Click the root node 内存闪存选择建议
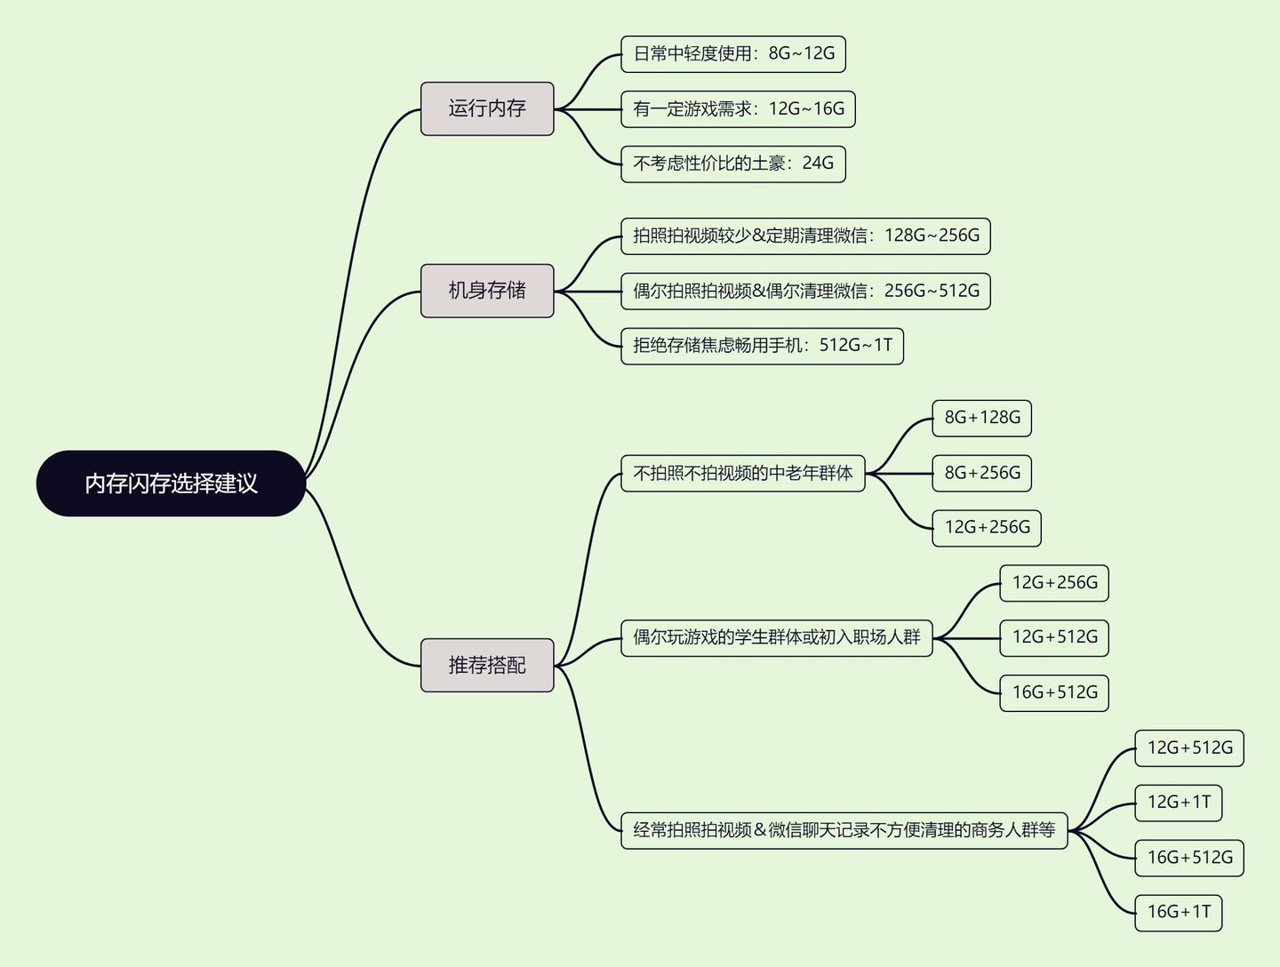[x=171, y=483]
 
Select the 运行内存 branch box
[x=487, y=108]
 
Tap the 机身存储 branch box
[x=487, y=291]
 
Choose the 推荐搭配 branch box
[x=487, y=665]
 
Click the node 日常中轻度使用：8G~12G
[x=733, y=54]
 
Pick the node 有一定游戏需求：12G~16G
[x=738, y=109]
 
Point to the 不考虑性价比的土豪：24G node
[x=733, y=164]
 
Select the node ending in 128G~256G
[x=805, y=236]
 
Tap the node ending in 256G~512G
[x=805, y=291]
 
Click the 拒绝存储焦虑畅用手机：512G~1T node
[x=762, y=346]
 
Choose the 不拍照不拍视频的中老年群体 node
[x=743, y=474]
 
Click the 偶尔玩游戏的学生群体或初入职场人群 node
[x=776, y=637]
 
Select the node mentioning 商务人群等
[x=844, y=830]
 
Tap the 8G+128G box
[x=981, y=418]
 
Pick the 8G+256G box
[x=981, y=473]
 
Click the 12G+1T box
[x=1179, y=803]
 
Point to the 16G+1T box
[x=1179, y=912]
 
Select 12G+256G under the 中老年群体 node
[x=987, y=528]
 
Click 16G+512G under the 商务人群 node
[x=1189, y=858]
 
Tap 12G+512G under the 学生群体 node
[x=1054, y=637]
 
